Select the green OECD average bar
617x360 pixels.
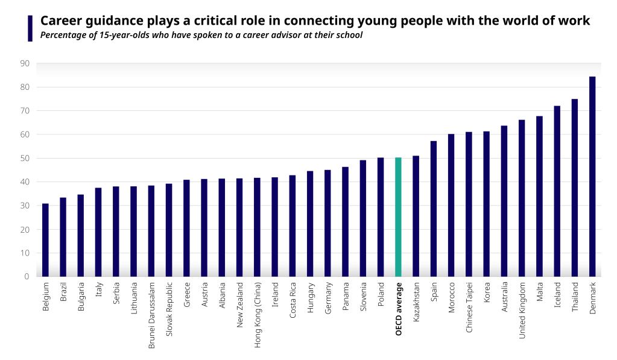click(398, 217)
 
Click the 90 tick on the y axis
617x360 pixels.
click(25, 63)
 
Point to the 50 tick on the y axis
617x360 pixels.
click(25, 159)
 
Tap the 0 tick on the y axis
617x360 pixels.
click(27, 277)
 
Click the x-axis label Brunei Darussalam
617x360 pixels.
click(151, 315)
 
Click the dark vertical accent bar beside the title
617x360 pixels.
click(30, 28)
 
